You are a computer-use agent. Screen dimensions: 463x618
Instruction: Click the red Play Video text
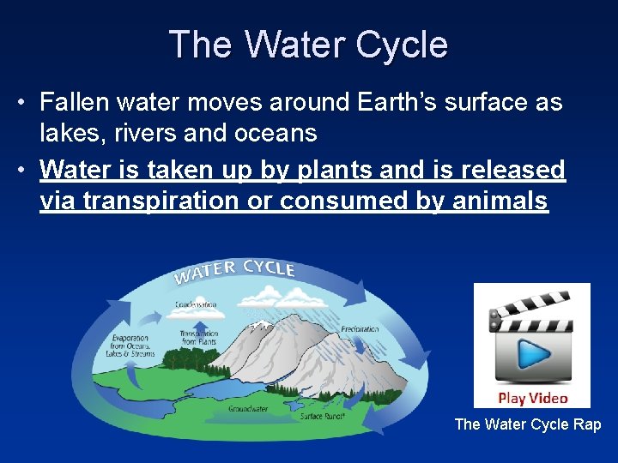tap(532, 398)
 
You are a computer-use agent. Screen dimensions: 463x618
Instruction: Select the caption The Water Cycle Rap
tap(527, 424)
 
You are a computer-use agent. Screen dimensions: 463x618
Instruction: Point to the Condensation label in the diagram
tap(196, 304)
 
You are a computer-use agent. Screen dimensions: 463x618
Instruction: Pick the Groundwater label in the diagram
tap(247, 409)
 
